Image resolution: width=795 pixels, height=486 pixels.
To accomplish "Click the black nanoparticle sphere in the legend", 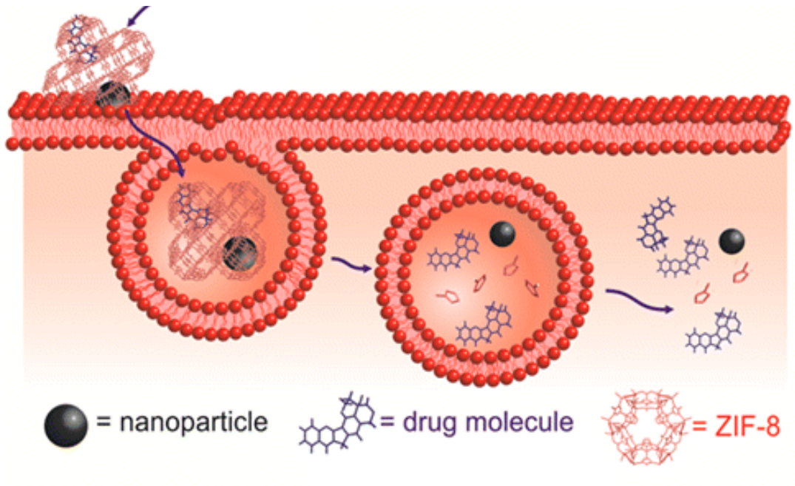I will pyautogui.click(x=65, y=427).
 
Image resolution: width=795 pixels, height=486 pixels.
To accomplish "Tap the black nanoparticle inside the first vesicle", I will pyautogui.click(x=240, y=254).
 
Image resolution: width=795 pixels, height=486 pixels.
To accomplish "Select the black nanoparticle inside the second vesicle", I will pyautogui.click(x=503, y=234).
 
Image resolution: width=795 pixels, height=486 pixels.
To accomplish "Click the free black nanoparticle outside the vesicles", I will pyautogui.click(x=732, y=240).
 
